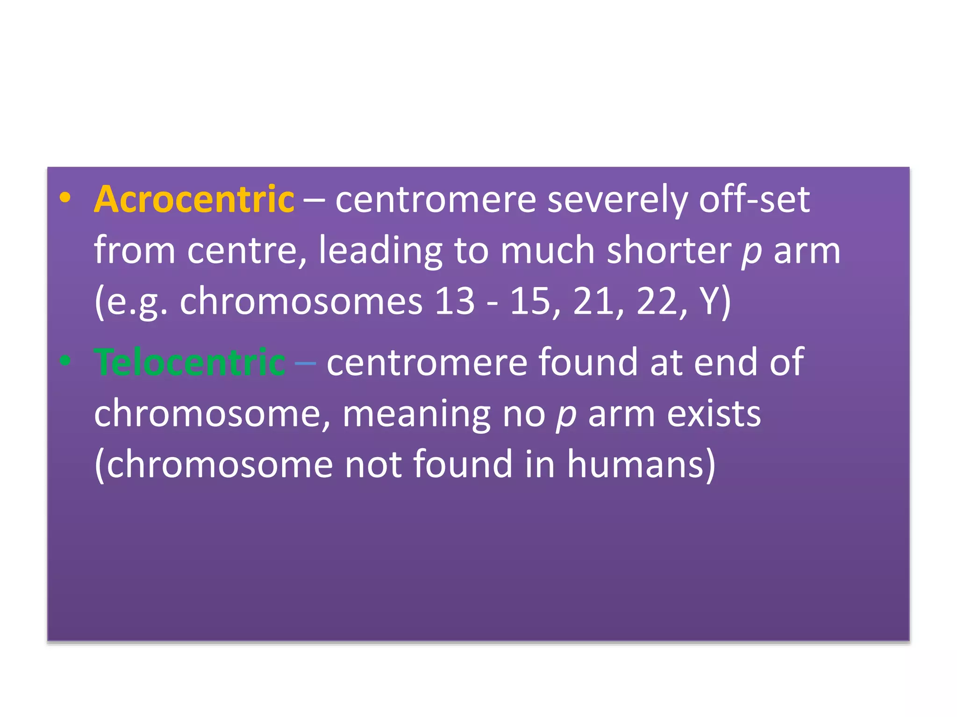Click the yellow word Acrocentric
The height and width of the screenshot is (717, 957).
tap(194, 200)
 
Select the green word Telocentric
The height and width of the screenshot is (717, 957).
tap(190, 362)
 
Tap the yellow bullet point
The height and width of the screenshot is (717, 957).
tap(65, 197)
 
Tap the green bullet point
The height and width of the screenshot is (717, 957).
tap(65, 360)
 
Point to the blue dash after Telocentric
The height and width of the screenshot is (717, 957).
tap(305, 363)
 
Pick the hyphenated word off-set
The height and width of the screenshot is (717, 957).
tap(754, 200)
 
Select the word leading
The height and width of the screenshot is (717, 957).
tap(380, 251)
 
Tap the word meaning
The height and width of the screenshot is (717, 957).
tap(416, 415)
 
